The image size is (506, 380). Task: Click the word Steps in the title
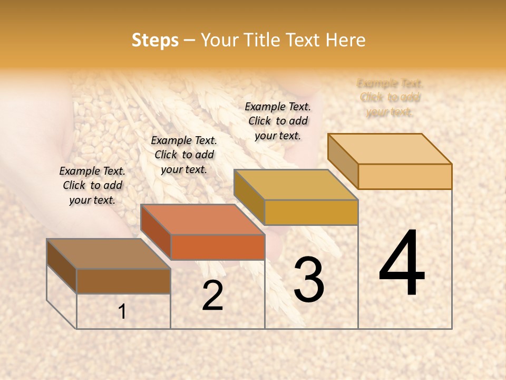155,40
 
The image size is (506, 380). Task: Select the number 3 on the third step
308,280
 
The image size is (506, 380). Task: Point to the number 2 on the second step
212,296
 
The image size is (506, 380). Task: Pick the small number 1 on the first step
122,312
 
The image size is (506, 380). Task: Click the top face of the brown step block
108,254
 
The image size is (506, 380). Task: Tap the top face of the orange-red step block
202,220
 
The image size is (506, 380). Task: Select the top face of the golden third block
296,185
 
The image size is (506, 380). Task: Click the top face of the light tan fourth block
390,149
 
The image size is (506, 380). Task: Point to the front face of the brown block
123,281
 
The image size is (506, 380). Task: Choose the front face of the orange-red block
217,247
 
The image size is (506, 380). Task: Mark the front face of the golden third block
311,212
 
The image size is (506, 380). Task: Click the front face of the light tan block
405,176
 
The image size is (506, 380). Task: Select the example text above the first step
92,185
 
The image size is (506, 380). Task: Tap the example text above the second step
184,155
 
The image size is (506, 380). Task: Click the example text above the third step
278,121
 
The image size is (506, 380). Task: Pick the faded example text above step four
390,97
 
